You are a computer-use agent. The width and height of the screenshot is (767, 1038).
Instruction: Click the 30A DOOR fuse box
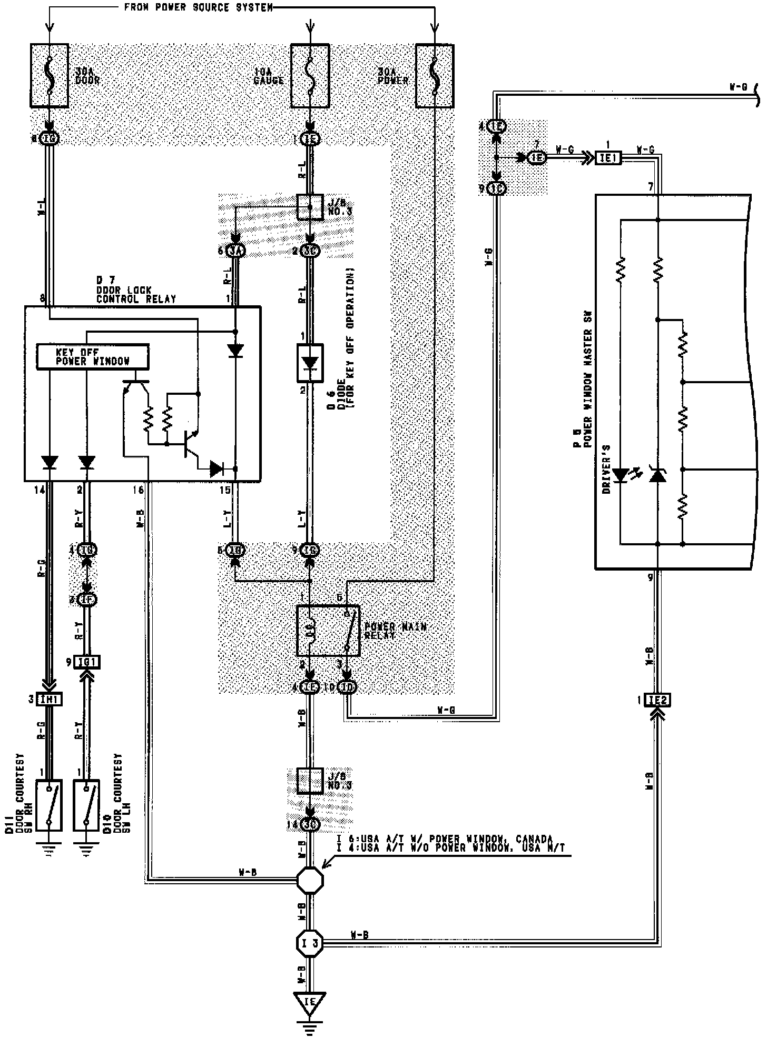49,76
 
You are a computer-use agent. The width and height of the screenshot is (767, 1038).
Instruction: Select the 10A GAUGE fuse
310,76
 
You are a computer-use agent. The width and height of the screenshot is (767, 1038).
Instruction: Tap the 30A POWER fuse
435,76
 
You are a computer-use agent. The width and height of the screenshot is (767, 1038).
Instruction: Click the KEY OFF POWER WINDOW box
93,356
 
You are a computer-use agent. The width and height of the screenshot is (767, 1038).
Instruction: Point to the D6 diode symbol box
310,363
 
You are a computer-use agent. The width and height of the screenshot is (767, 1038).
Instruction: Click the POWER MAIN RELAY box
328,631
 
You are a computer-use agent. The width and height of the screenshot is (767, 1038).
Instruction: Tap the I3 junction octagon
310,942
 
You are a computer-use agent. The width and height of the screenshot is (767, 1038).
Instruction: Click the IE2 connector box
657,701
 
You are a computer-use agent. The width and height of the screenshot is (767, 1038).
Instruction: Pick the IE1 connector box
608,157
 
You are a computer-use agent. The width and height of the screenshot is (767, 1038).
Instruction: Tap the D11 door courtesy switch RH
49,805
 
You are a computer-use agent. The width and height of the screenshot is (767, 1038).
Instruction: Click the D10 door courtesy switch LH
86,805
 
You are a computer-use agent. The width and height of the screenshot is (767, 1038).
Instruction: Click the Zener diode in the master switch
657,475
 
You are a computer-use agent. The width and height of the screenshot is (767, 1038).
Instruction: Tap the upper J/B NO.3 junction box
310,207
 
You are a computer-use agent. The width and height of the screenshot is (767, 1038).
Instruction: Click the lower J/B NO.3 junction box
310,780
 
